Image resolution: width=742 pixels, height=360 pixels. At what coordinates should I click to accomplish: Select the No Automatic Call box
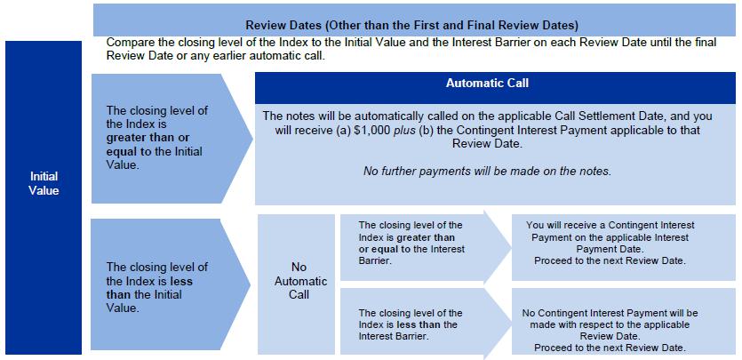pos(299,280)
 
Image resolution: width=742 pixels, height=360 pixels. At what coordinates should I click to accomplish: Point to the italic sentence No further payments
pos(487,171)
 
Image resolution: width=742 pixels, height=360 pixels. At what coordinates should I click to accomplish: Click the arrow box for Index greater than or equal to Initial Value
pos(164,137)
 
